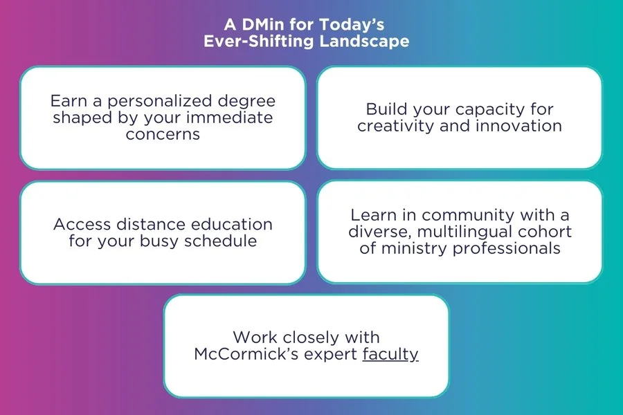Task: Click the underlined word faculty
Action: pos(390,354)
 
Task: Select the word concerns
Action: pos(163,133)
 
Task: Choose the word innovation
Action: pos(516,126)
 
